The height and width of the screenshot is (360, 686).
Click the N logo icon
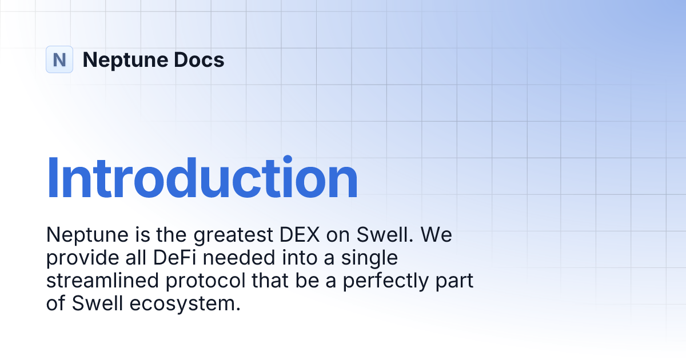point(59,59)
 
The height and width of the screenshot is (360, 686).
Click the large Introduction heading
point(202,178)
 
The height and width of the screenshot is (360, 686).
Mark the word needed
point(237,258)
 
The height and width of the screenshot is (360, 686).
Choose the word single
point(369,258)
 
